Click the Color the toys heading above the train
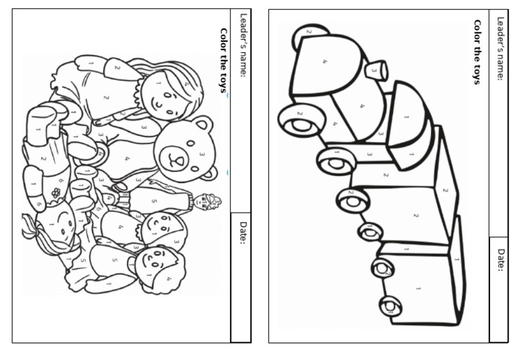[x=476, y=51]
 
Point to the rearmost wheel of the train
[x=390, y=305]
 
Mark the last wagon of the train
[x=420, y=281]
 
